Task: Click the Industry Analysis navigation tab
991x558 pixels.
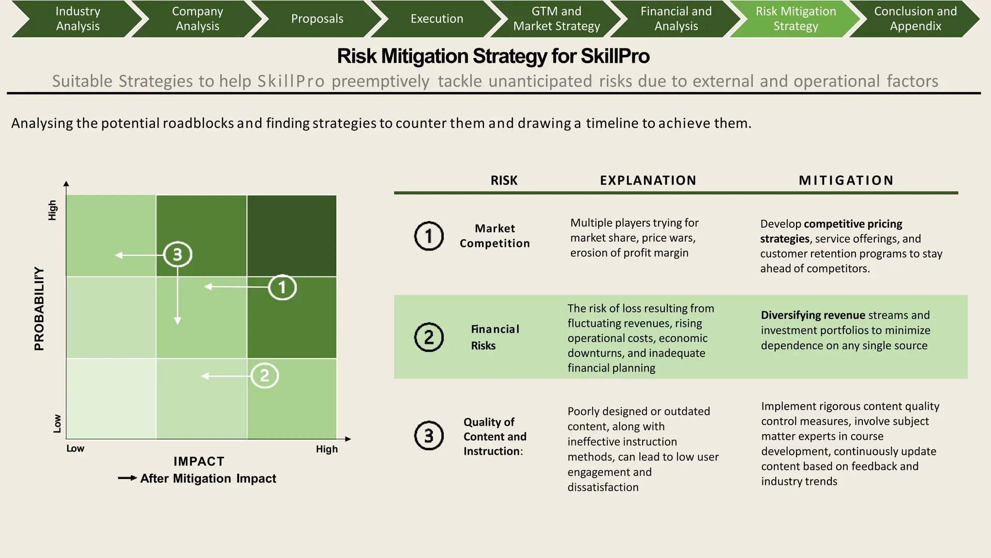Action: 77,18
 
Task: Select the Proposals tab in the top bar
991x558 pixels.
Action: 317,18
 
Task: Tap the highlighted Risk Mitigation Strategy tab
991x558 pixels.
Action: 796,18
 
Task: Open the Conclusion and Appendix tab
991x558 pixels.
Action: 915,18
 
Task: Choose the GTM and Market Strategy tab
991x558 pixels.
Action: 556,18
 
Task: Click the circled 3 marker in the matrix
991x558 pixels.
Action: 178,254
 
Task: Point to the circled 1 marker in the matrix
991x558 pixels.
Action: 282,287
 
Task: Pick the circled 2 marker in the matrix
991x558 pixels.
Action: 264,376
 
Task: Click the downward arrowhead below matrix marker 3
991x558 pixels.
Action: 178,321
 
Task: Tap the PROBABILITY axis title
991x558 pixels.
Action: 39,309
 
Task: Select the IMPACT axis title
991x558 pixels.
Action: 199,461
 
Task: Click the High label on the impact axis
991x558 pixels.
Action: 327,449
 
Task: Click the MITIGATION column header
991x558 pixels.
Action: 846,180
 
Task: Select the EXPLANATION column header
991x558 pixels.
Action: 648,180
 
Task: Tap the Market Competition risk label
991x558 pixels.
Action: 495,236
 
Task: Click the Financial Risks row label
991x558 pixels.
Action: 495,337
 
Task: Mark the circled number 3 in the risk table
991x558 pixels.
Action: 429,435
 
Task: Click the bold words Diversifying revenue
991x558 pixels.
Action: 813,315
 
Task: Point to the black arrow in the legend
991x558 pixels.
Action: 127,479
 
